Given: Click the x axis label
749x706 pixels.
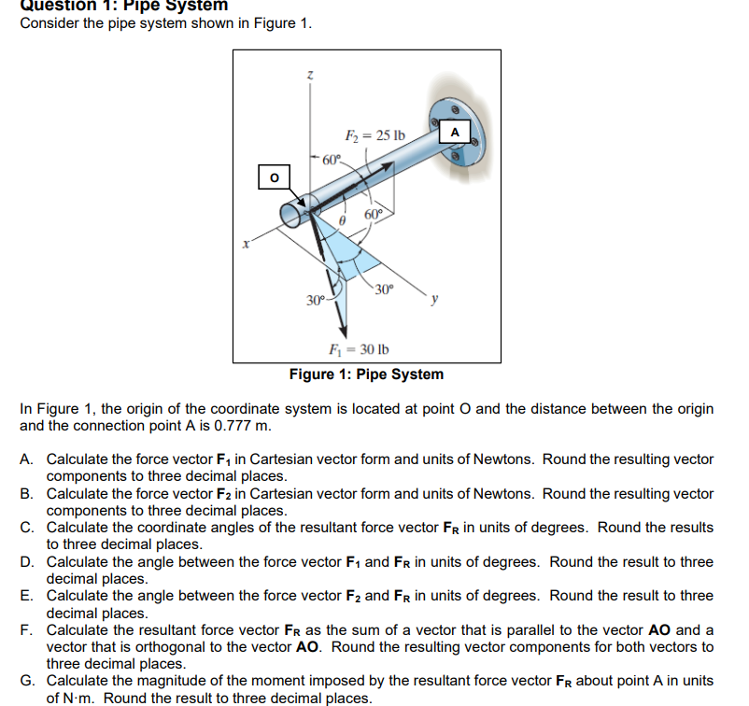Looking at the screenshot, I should pos(246,245).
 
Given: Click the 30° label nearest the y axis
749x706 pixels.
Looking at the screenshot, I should pos(385,287).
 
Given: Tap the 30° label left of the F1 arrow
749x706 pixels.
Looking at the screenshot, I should pos(318,300).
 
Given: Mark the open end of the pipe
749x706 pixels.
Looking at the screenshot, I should pos(292,215).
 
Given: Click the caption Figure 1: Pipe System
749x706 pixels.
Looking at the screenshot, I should pos(366,374).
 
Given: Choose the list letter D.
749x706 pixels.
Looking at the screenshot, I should pos(26,562).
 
